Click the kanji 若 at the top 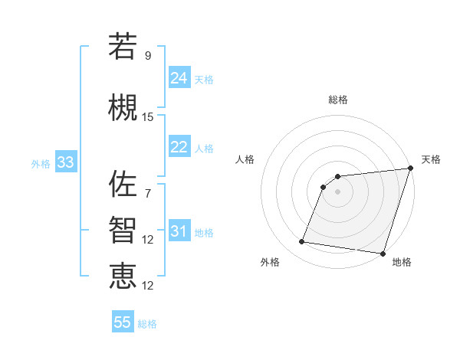coord(123,47)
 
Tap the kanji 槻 coord(123,109)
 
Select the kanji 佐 coord(123,184)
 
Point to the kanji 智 coord(123,231)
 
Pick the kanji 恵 coord(123,277)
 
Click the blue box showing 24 coord(179,77)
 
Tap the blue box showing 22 coord(179,147)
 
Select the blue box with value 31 coord(179,231)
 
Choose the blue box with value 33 coord(65,162)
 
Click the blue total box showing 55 coord(123,322)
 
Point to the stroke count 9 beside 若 coord(148,55)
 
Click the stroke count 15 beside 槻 coord(148,117)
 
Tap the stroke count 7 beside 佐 coord(148,192)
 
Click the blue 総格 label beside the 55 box coord(147,324)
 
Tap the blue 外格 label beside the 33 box coord(41,164)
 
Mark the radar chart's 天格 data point coord(409,170)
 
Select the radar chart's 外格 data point coord(301,242)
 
